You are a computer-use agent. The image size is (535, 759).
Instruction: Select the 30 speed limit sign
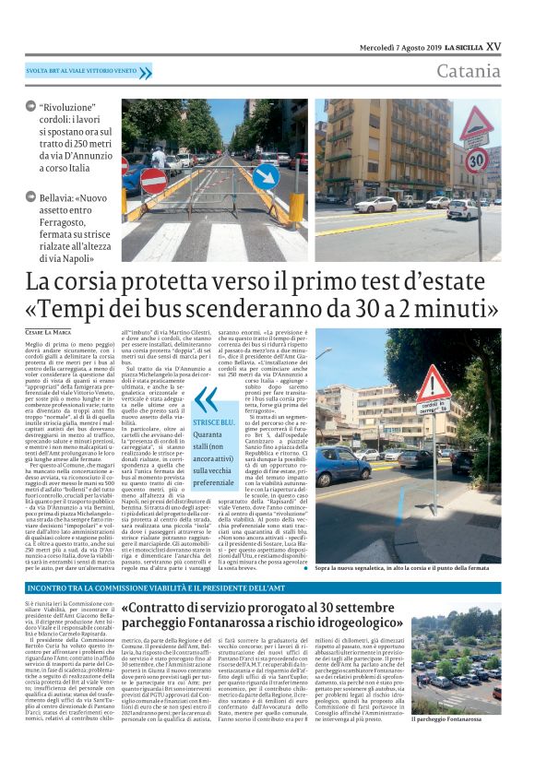click(x=475, y=160)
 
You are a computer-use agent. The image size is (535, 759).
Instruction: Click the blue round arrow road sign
click(x=266, y=176)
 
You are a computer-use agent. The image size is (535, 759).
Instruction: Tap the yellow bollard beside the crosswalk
click(x=296, y=205)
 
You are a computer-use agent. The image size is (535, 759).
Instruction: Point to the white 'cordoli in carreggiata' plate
click(x=433, y=407)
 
